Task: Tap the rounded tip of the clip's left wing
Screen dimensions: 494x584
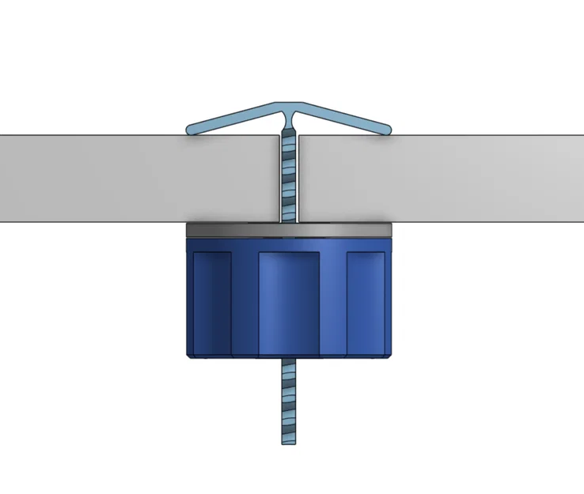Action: tap(191, 129)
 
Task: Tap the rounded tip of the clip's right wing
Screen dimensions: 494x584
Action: tap(387, 128)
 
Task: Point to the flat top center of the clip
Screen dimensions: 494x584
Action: tap(289, 105)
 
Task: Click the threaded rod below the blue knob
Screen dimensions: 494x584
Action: tap(289, 395)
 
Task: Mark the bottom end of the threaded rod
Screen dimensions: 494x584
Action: tap(289, 441)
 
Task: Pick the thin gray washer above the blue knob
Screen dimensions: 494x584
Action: tap(289, 230)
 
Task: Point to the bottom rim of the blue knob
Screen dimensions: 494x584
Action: tap(289, 356)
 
